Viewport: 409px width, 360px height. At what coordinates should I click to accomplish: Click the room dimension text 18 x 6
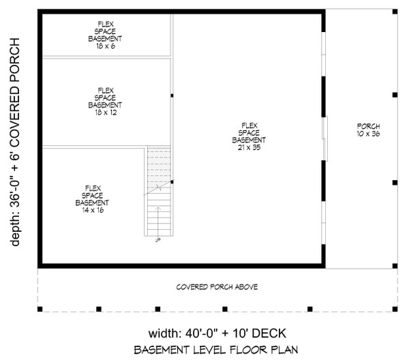[105, 46]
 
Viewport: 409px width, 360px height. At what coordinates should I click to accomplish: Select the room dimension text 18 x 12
[105, 112]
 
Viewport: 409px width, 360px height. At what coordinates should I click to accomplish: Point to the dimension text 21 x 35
[247, 147]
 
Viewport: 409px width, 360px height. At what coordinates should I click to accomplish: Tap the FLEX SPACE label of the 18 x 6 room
[105, 31]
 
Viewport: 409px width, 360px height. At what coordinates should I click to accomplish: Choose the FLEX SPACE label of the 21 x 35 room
[247, 132]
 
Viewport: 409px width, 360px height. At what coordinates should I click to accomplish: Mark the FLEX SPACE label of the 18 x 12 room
[105, 97]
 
